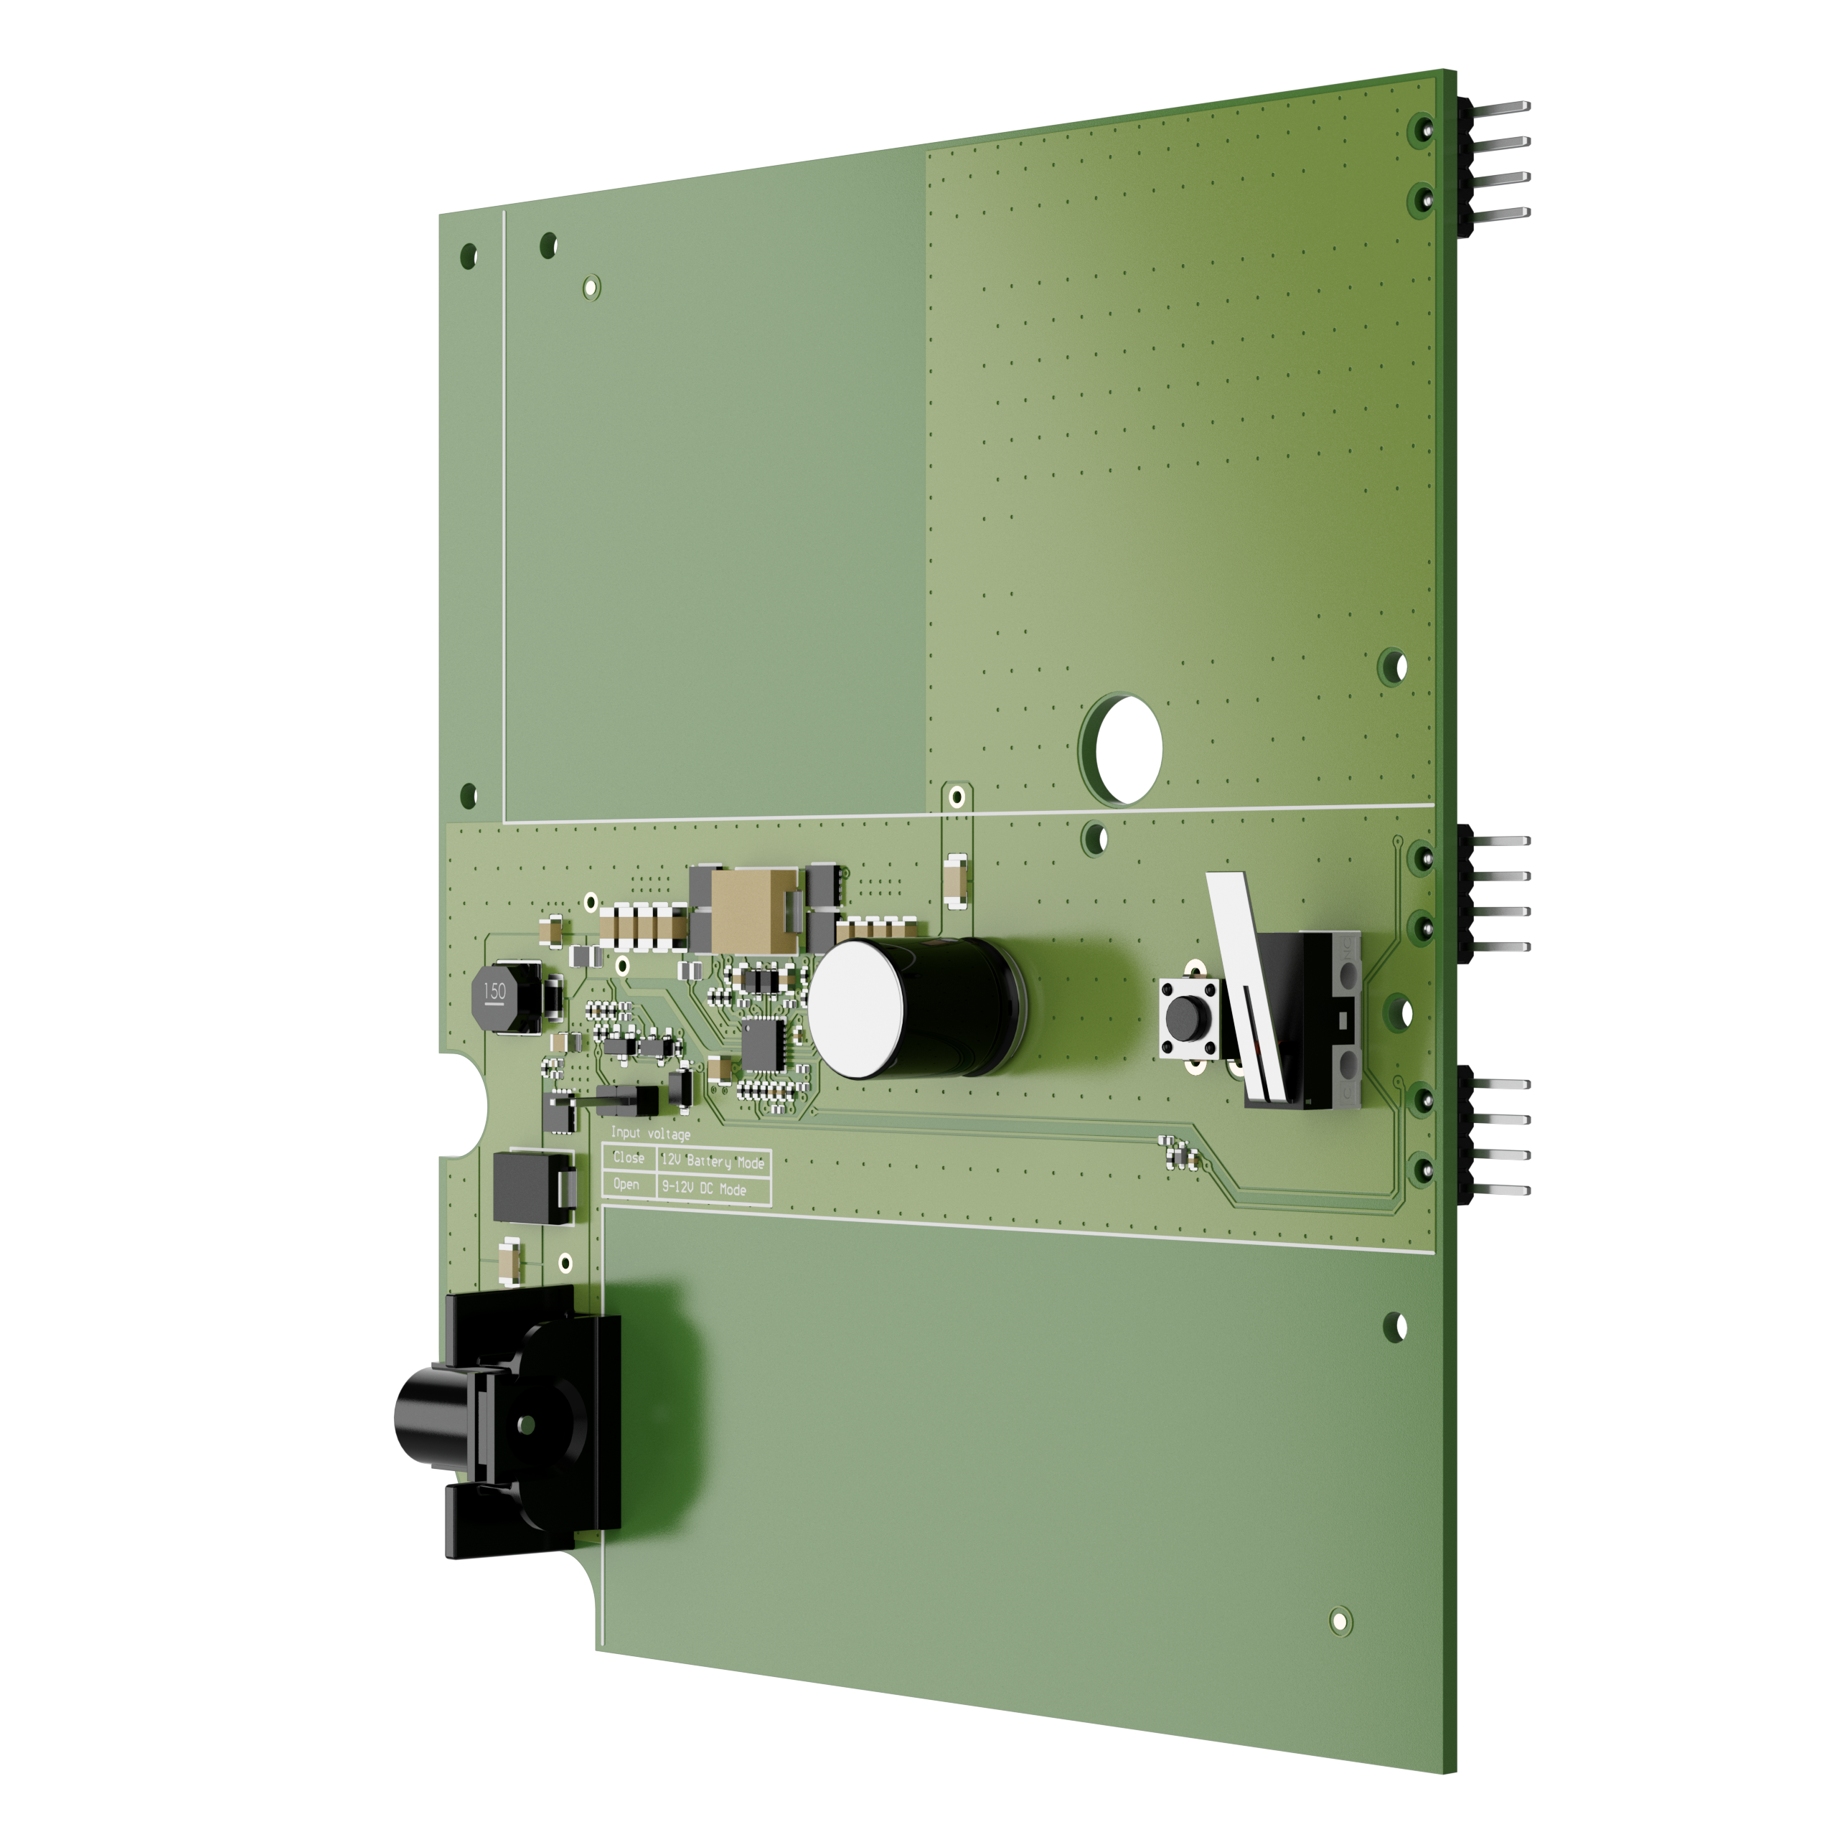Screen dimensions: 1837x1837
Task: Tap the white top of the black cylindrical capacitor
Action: (x=857, y=1010)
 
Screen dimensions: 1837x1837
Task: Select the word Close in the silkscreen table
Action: (x=628, y=1157)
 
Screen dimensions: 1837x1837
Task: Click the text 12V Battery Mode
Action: (x=712, y=1161)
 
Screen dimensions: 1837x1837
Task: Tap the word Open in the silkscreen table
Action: (x=626, y=1184)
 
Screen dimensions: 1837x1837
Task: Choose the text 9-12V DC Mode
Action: (x=704, y=1188)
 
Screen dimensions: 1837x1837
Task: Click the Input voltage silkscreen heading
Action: (x=650, y=1133)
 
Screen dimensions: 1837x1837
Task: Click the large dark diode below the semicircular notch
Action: (x=532, y=1188)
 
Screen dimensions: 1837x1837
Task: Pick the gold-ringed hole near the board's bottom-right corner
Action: (x=1340, y=1620)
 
